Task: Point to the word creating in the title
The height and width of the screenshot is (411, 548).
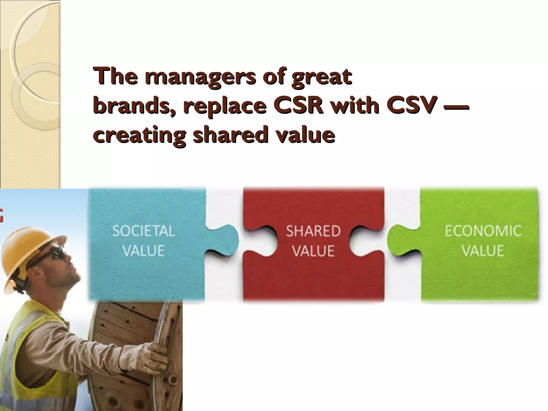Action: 139,136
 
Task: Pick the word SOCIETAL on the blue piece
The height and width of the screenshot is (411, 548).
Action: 143,231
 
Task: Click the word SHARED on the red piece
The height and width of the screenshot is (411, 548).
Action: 313,231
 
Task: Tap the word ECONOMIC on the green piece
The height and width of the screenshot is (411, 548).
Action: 483,231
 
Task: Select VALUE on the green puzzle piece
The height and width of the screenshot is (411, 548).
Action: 483,250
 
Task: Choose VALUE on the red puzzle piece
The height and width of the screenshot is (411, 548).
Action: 313,250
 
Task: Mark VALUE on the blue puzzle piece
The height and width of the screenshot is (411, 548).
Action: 143,250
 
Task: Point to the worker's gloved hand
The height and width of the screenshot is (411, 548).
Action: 158,353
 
